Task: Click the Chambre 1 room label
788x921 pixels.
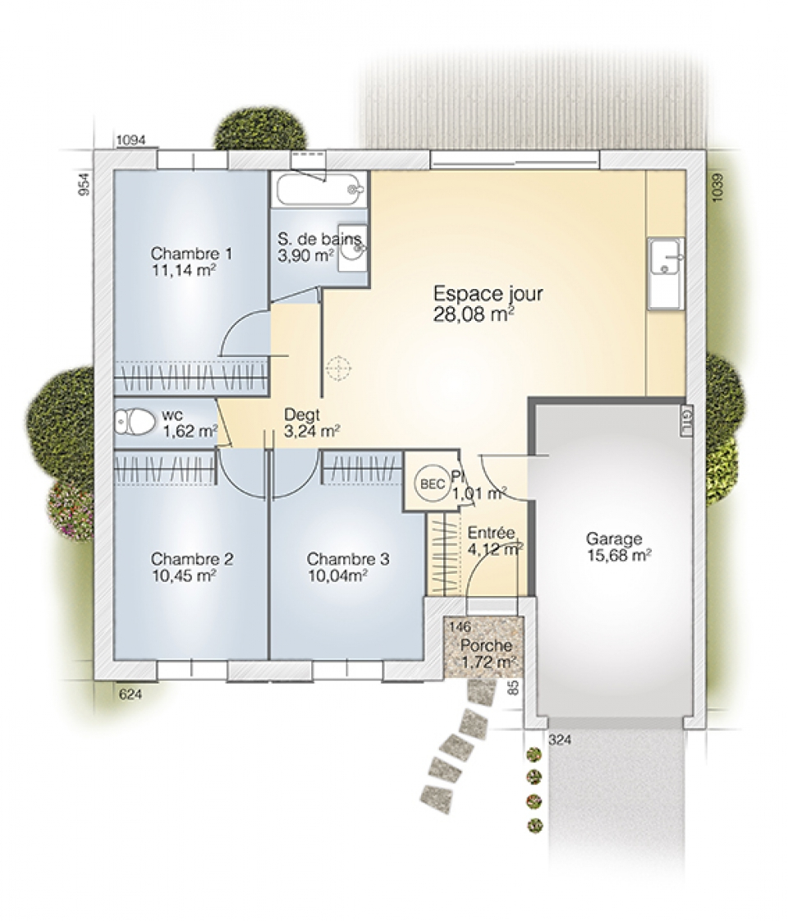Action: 191,254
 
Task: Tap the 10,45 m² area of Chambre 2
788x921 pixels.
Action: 184,575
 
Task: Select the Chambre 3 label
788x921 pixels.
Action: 347,559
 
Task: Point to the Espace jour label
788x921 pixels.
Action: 488,294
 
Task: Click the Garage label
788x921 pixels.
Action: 614,539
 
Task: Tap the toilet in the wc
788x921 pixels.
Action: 133,422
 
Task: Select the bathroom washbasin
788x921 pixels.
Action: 353,249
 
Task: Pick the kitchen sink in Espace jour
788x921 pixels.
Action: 666,273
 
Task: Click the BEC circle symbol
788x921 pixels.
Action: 433,484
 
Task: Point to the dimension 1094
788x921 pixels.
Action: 131,140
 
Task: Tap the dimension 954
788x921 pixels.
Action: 85,184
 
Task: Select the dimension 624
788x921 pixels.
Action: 131,694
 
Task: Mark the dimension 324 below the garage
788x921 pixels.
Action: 560,740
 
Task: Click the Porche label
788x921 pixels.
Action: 486,645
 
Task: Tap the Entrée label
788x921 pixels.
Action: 492,533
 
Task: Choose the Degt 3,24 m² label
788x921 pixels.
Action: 312,423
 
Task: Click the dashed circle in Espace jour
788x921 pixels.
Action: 338,369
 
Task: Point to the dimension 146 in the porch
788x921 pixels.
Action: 460,627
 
